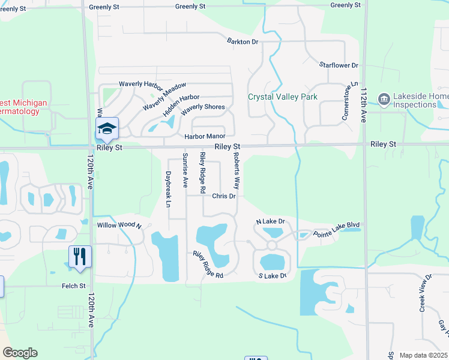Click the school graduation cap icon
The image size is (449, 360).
point(107,128)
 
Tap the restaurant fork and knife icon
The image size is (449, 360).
point(80,256)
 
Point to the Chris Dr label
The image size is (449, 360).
point(224,196)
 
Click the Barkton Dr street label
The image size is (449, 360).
point(243,41)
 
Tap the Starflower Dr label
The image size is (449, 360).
point(339,65)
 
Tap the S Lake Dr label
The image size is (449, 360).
point(273,276)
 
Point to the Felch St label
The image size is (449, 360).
point(74,286)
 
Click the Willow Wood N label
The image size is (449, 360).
point(118,226)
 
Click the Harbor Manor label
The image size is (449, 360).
point(204,137)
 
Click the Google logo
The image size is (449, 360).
point(20,353)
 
